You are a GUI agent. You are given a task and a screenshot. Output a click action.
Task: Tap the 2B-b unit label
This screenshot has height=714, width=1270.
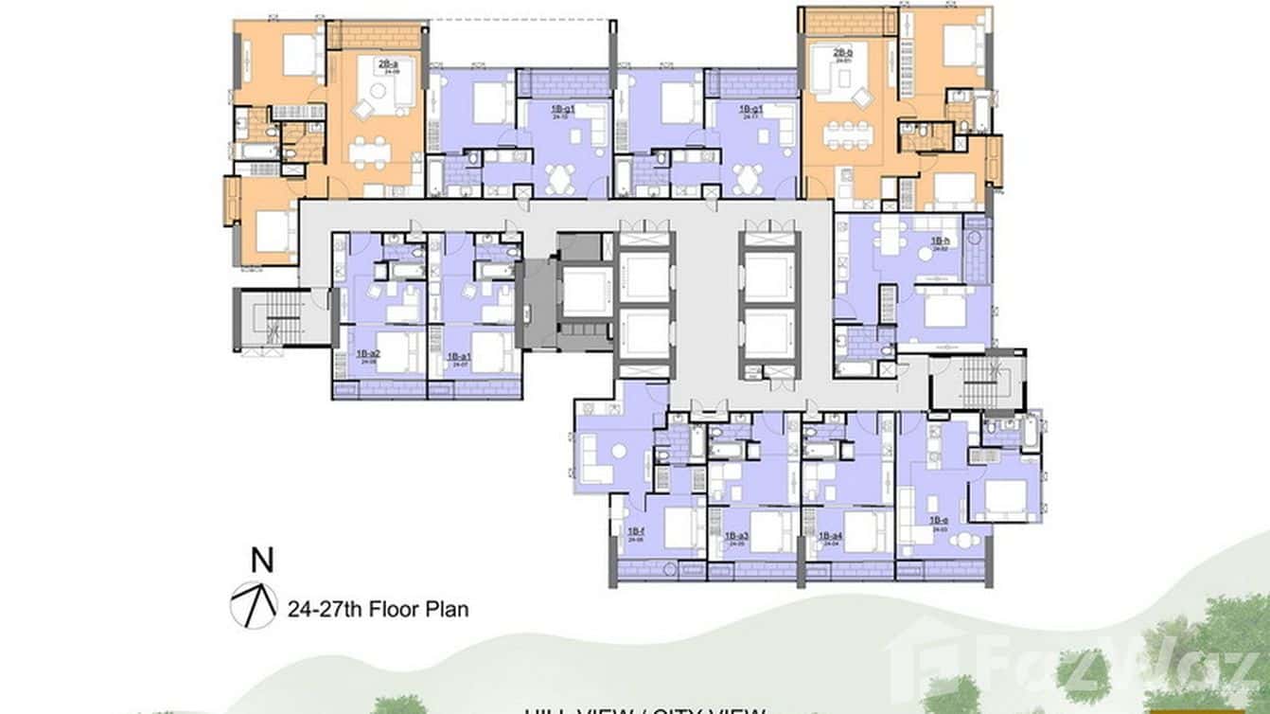843,54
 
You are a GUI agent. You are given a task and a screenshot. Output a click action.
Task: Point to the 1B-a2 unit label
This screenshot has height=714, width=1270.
368,355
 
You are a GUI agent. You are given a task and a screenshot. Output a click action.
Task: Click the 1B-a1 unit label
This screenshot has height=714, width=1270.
461,356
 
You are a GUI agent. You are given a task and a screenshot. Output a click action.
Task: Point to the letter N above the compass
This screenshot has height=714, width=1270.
263,561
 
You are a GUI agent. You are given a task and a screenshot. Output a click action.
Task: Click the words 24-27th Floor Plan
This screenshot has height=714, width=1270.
378,609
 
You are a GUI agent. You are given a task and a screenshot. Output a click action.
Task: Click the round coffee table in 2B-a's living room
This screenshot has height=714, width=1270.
377,91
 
